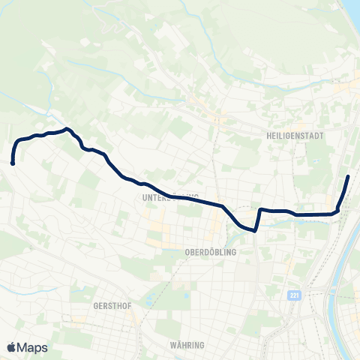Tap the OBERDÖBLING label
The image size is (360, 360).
210,253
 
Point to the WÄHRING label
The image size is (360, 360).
187,345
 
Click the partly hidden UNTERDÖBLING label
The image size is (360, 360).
165,198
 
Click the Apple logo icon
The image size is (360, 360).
11,347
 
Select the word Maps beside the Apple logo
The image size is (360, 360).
33,347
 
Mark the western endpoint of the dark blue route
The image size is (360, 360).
13,162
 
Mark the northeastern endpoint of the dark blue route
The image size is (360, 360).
349,176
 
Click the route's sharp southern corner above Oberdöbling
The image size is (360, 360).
255,230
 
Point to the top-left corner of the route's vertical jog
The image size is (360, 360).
259,209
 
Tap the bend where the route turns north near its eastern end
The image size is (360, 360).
339,209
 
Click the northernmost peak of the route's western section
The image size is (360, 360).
67,129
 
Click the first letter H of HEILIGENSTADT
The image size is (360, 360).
268,136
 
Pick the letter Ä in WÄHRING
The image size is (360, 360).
180,345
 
